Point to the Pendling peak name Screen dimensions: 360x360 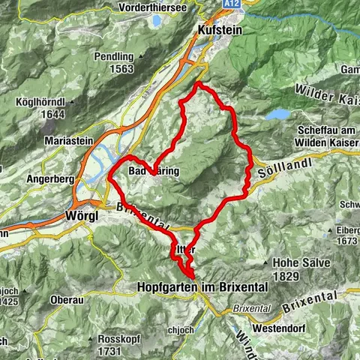pos(110,56)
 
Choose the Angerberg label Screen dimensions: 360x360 pos(43,158)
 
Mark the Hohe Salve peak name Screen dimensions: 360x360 pos(298,262)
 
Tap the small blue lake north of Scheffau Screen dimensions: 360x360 pos(279,114)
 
